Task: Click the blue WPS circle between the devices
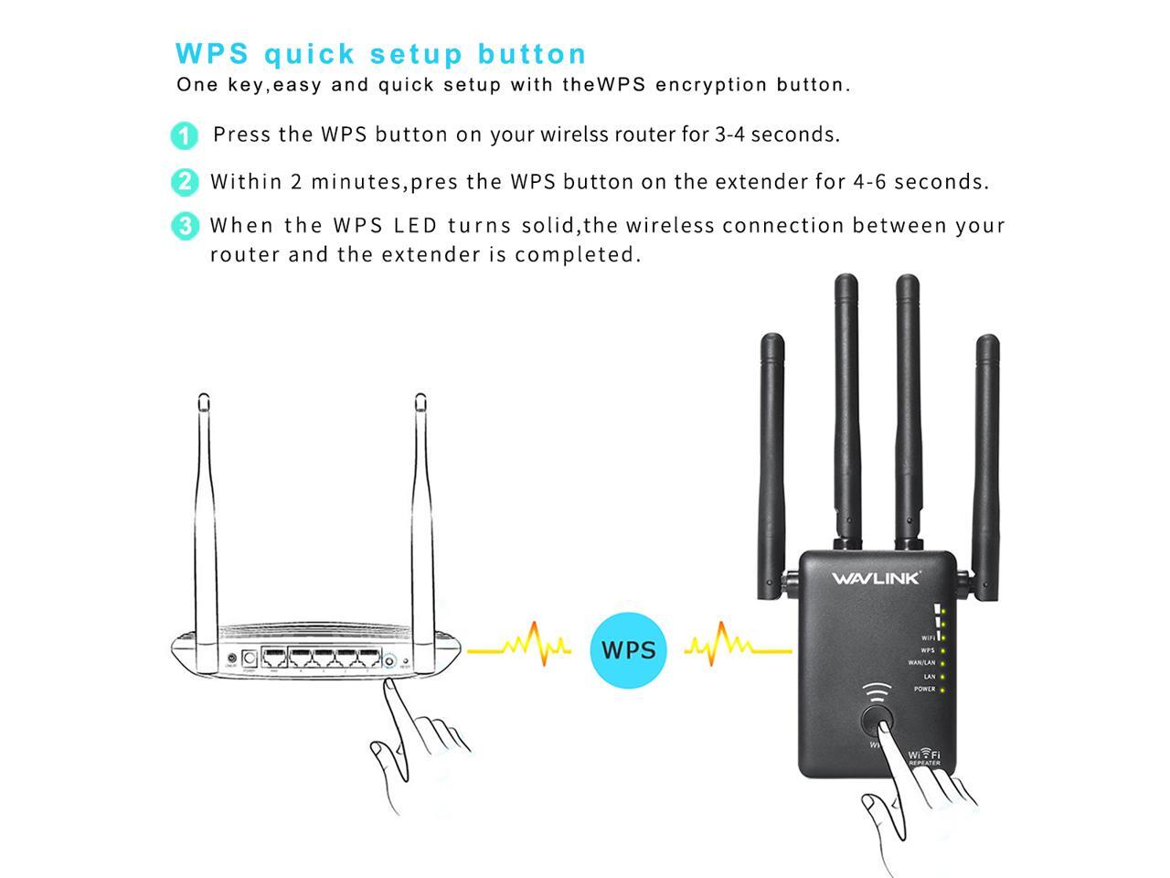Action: [x=629, y=650]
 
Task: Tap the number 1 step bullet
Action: [x=184, y=135]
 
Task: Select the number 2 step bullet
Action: [x=184, y=181]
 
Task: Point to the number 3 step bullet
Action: [x=184, y=225]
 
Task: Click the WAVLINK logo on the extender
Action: [x=876, y=578]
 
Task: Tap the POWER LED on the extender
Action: [x=942, y=690]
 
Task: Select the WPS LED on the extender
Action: [x=942, y=650]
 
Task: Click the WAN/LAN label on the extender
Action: [x=920, y=663]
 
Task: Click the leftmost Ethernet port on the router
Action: [x=273, y=658]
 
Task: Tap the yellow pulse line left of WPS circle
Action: [x=519, y=648]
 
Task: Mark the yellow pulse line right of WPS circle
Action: [x=738, y=648]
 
